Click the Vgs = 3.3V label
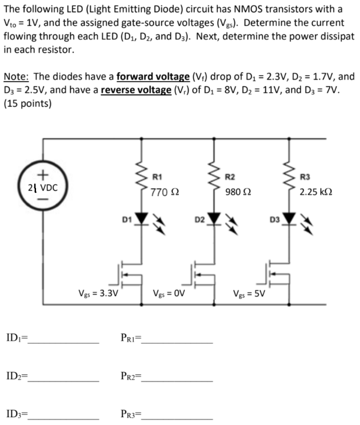pos(98,293)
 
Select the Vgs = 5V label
pos(249,293)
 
